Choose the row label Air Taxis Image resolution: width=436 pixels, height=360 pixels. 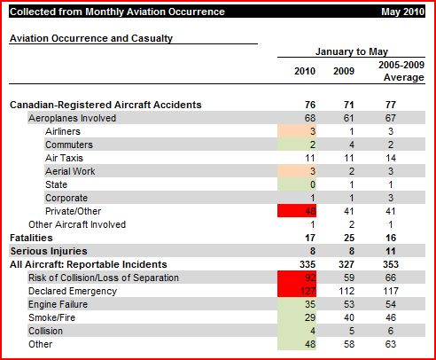[x=65, y=158]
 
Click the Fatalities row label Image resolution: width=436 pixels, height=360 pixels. [x=30, y=238]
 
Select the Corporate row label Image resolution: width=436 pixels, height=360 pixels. [x=66, y=198]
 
